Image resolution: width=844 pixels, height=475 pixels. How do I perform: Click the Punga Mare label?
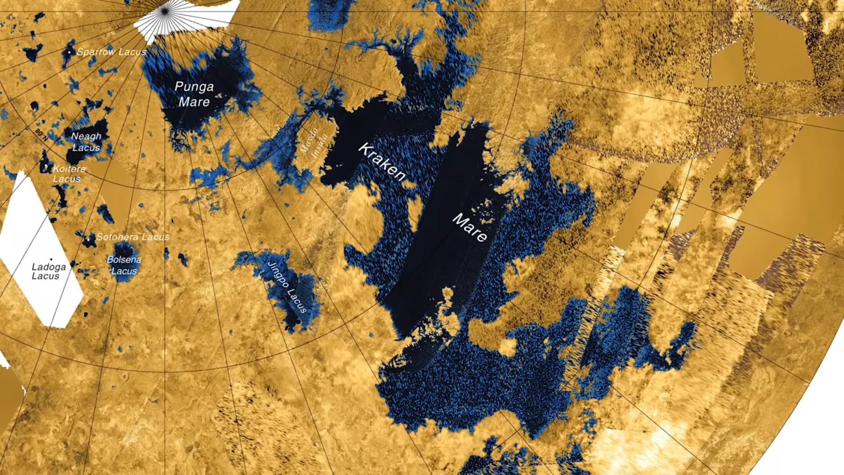[x=194, y=94]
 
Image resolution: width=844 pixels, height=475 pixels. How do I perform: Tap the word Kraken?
[x=382, y=162]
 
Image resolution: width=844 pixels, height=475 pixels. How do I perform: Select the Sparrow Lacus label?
[x=111, y=52]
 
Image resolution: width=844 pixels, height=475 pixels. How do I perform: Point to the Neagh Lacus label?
[x=86, y=142]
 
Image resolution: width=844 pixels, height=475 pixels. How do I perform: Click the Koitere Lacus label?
[x=69, y=174]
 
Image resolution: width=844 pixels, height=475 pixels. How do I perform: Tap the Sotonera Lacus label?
[x=133, y=237]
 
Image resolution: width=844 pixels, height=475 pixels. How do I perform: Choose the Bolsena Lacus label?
[x=124, y=265]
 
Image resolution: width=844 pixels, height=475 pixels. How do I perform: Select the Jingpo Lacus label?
[x=287, y=287]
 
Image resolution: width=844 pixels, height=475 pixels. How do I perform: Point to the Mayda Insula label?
[x=314, y=141]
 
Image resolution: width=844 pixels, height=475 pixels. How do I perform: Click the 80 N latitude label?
[x=42, y=135]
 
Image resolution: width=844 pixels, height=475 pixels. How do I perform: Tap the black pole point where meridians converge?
[x=165, y=11]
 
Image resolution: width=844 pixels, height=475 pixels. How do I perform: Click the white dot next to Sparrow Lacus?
[x=69, y=52]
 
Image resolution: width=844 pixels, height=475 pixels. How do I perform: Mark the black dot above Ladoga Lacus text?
[x=51, y=259]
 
